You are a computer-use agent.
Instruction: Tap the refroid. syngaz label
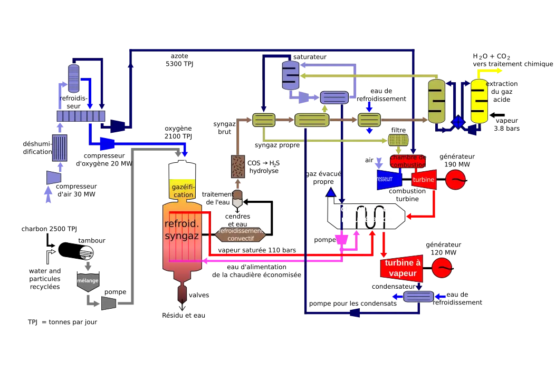pos(182,230)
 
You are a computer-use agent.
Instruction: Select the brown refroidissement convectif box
pos(240,235)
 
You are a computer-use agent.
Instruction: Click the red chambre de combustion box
pos(408,161)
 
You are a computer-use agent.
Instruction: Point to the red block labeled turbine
pos(424,179)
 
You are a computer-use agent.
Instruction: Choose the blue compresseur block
pos(390,179)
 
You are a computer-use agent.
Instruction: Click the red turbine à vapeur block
pos(403,268)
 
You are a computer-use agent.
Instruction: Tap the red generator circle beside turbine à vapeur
pos(442,268)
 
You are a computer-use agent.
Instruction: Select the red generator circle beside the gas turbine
pos(455,180)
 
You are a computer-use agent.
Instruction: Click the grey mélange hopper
pos(88,281)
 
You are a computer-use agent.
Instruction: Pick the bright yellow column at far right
pos(479,102)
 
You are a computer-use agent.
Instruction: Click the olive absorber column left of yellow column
pos(436,101)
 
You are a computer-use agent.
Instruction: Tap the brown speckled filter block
pos(238,166)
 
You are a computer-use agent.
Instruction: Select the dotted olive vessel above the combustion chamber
pos(398,140)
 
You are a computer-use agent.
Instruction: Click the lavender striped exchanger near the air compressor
pos(59,148)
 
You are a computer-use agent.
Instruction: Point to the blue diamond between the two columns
pos(457,122)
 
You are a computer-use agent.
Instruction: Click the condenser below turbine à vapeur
pos(418,297)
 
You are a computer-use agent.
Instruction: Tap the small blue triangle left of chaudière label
pos(331,192)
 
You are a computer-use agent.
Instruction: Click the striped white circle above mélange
pos(86,252)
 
